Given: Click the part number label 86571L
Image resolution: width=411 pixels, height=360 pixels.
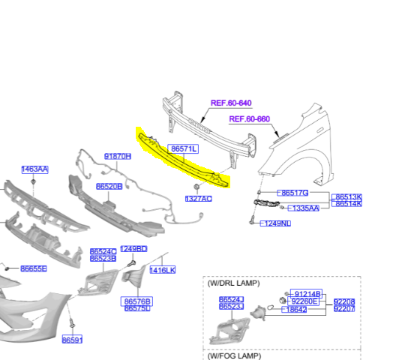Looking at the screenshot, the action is point(183,149).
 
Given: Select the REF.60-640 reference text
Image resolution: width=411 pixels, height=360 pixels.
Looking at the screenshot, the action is point(231,103).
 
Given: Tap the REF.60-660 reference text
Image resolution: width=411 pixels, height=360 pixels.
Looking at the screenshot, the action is point(250,119).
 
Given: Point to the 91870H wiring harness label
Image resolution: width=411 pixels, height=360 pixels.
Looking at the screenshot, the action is point(118,157).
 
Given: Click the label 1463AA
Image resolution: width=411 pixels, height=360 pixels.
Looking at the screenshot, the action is point(34,169).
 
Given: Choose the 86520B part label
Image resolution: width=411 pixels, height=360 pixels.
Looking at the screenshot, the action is point(109,187).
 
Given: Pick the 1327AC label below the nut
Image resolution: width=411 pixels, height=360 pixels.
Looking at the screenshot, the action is point(199,199).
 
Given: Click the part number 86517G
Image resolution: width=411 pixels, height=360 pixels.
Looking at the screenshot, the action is point(293,193).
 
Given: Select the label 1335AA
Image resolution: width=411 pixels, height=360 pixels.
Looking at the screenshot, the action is point(304,208).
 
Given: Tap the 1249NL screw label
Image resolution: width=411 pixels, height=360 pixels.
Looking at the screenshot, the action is point(275,223).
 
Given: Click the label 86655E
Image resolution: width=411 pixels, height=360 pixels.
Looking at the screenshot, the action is point(34,268).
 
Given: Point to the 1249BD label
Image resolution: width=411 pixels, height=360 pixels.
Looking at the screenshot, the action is point(133,248).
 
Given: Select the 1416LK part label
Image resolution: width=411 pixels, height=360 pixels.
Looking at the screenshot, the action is point(163,270).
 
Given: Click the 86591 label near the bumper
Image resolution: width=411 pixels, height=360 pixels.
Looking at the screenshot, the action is point(72,340).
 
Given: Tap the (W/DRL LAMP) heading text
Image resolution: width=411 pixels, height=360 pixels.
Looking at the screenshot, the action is point(233,283).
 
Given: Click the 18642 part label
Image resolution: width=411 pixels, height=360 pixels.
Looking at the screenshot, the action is point(294,310).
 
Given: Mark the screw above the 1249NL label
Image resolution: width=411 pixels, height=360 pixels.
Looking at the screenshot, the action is point(252,220).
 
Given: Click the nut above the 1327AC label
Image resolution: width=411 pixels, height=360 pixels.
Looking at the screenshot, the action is point(196,187).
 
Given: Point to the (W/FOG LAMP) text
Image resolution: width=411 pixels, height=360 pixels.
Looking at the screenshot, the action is point(234,356).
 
